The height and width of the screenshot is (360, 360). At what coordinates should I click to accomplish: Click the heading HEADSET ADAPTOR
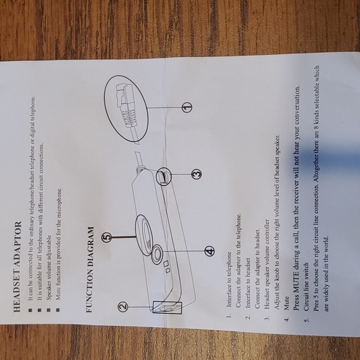click(x=17, y=266)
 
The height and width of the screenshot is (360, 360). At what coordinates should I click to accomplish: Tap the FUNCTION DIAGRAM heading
click(x=90, y=269)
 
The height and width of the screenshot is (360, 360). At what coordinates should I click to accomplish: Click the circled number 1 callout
click(x=187, y=107)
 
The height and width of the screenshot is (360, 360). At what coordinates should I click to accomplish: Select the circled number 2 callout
click(x=123, y=307)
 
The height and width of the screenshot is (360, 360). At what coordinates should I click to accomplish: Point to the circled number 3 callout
click(x=197, y=174)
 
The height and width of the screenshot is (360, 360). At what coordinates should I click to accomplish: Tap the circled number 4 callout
click(x=210, y=251)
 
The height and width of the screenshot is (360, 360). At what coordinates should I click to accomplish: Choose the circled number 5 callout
click(x=107, y=237)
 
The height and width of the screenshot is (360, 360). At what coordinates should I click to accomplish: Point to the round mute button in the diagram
click(x=157, y=254)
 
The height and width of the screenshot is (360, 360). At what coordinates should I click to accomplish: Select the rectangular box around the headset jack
click(x=167, y=308)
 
